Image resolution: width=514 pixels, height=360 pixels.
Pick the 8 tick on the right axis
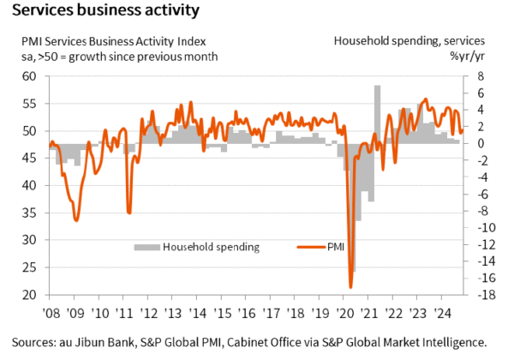480,76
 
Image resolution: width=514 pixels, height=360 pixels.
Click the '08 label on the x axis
51,313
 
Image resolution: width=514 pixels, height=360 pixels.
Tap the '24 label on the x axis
445,313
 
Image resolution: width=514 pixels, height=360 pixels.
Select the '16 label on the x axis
248,313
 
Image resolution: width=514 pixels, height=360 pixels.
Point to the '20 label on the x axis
346,313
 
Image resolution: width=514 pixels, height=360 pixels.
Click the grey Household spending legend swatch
146,247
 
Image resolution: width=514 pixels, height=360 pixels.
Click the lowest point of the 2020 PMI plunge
350,287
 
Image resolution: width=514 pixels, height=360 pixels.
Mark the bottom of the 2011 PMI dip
128,213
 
